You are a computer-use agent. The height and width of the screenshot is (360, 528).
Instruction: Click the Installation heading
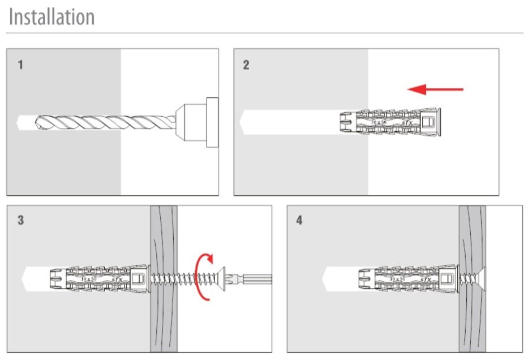coord(51,17)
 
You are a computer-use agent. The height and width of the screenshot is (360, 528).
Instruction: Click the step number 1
coord(20,65)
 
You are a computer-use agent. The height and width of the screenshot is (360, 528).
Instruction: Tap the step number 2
coord(246,65)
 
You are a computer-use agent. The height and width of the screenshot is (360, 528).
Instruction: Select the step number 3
coord(20,221)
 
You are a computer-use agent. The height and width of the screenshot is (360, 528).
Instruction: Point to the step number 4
coord(299,221)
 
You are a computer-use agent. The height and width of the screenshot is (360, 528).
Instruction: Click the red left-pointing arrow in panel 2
coord(435,89)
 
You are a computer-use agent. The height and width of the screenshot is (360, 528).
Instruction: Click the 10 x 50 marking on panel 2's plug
coord(379,122)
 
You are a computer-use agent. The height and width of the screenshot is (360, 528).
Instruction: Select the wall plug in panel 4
coord(399,278)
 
